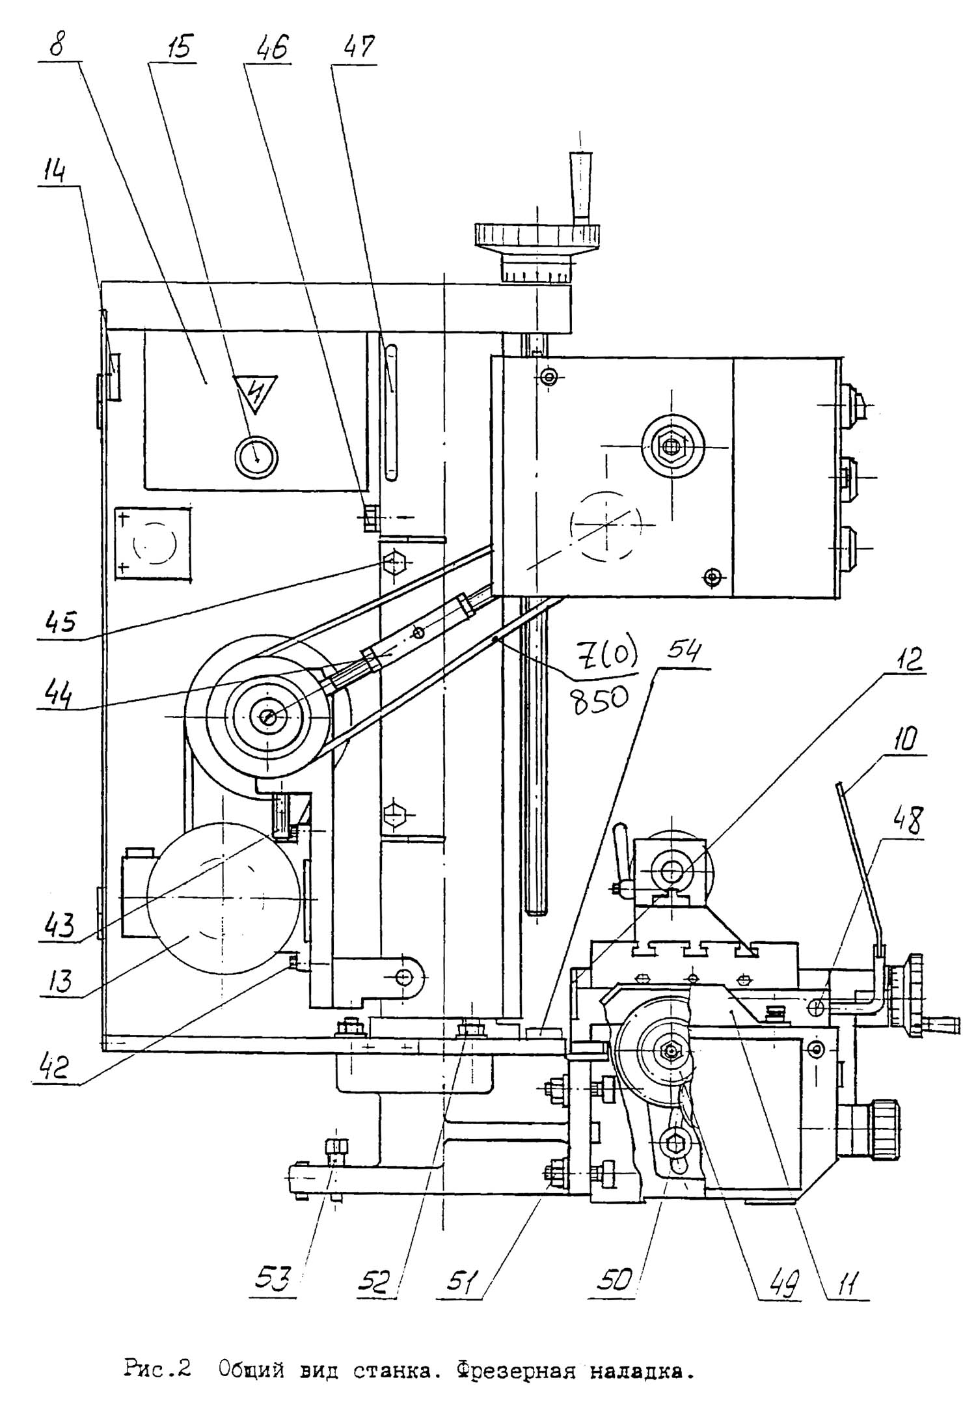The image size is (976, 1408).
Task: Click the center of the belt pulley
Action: [x=268, y=717]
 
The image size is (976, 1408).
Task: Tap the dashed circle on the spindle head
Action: [x=606, y=524]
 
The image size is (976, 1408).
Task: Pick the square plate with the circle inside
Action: [x=153, y=542]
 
